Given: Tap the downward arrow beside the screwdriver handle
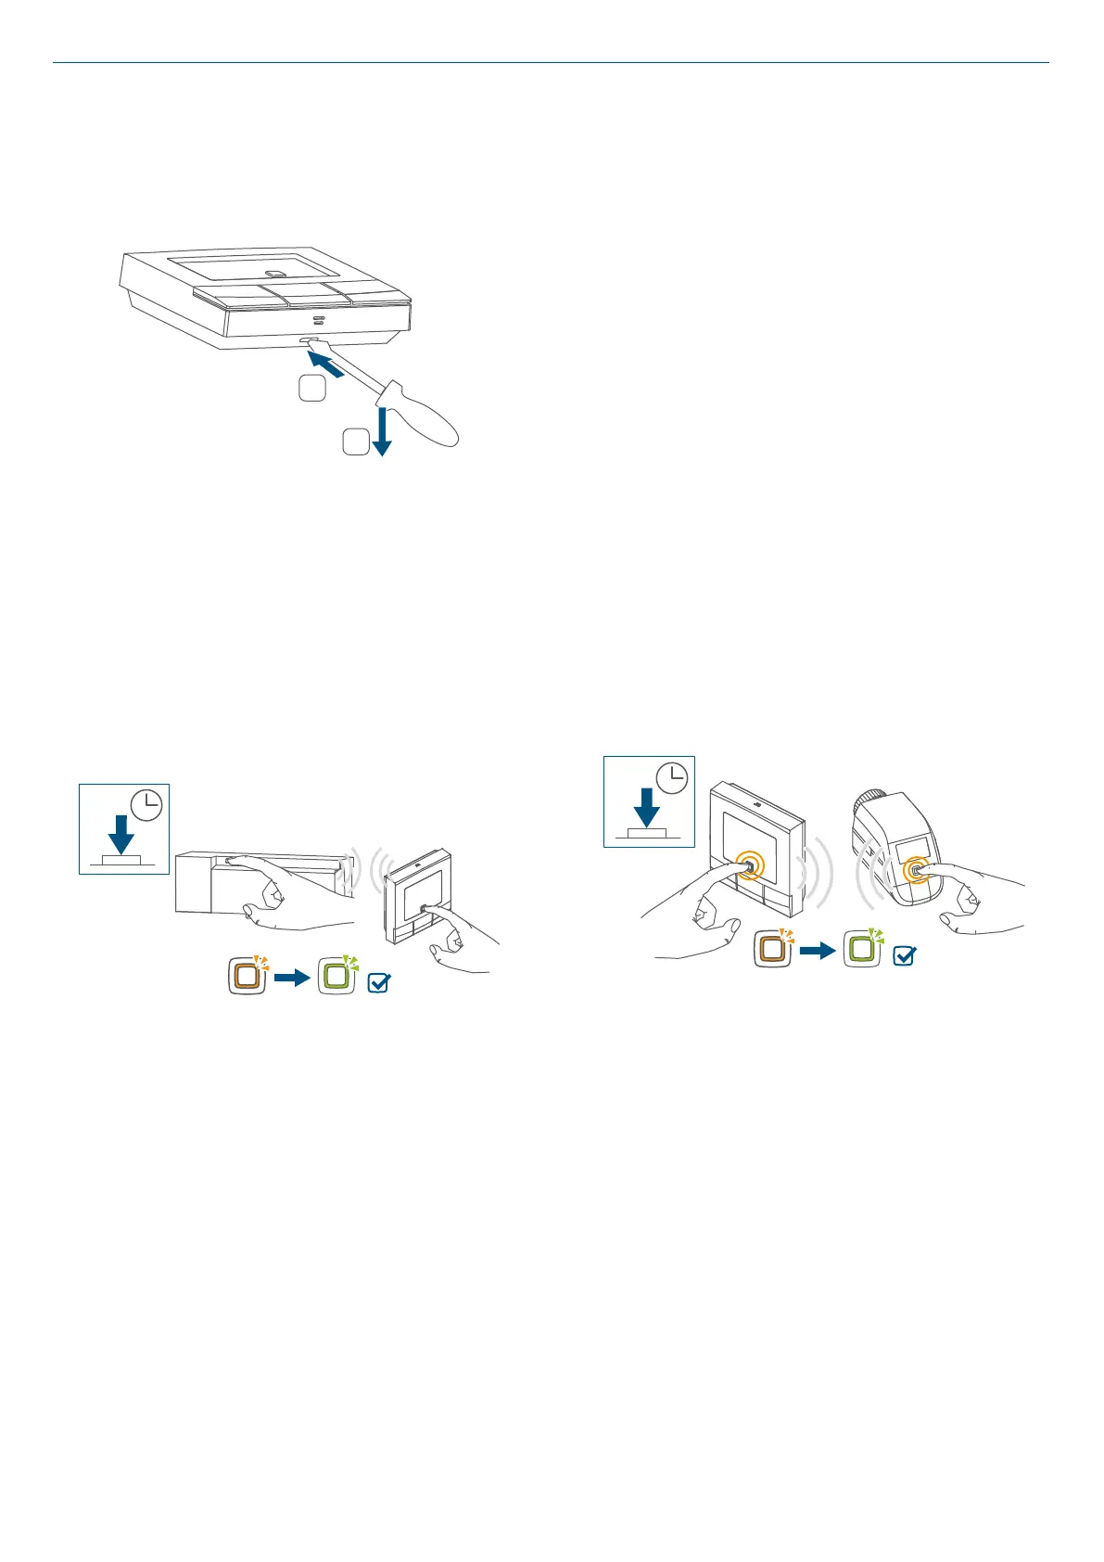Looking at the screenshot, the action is tap(381, 432).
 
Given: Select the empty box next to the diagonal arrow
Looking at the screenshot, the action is tap(312, 389).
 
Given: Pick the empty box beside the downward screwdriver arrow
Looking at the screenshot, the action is tap(355, 442).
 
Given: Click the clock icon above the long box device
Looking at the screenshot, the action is tap(146, 805).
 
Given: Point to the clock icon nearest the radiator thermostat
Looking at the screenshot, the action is tap(672, 777).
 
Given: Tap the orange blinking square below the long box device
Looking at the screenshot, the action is tap(247, 977).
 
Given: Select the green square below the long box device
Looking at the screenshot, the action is tap(336, 976).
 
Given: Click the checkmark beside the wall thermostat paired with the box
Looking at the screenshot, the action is tap(378, 982).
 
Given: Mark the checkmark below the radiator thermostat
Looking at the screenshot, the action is tap(904, 954).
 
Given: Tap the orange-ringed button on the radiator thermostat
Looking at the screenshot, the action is tap(916, 871).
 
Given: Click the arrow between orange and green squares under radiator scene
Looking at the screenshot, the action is tap(817, 951).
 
